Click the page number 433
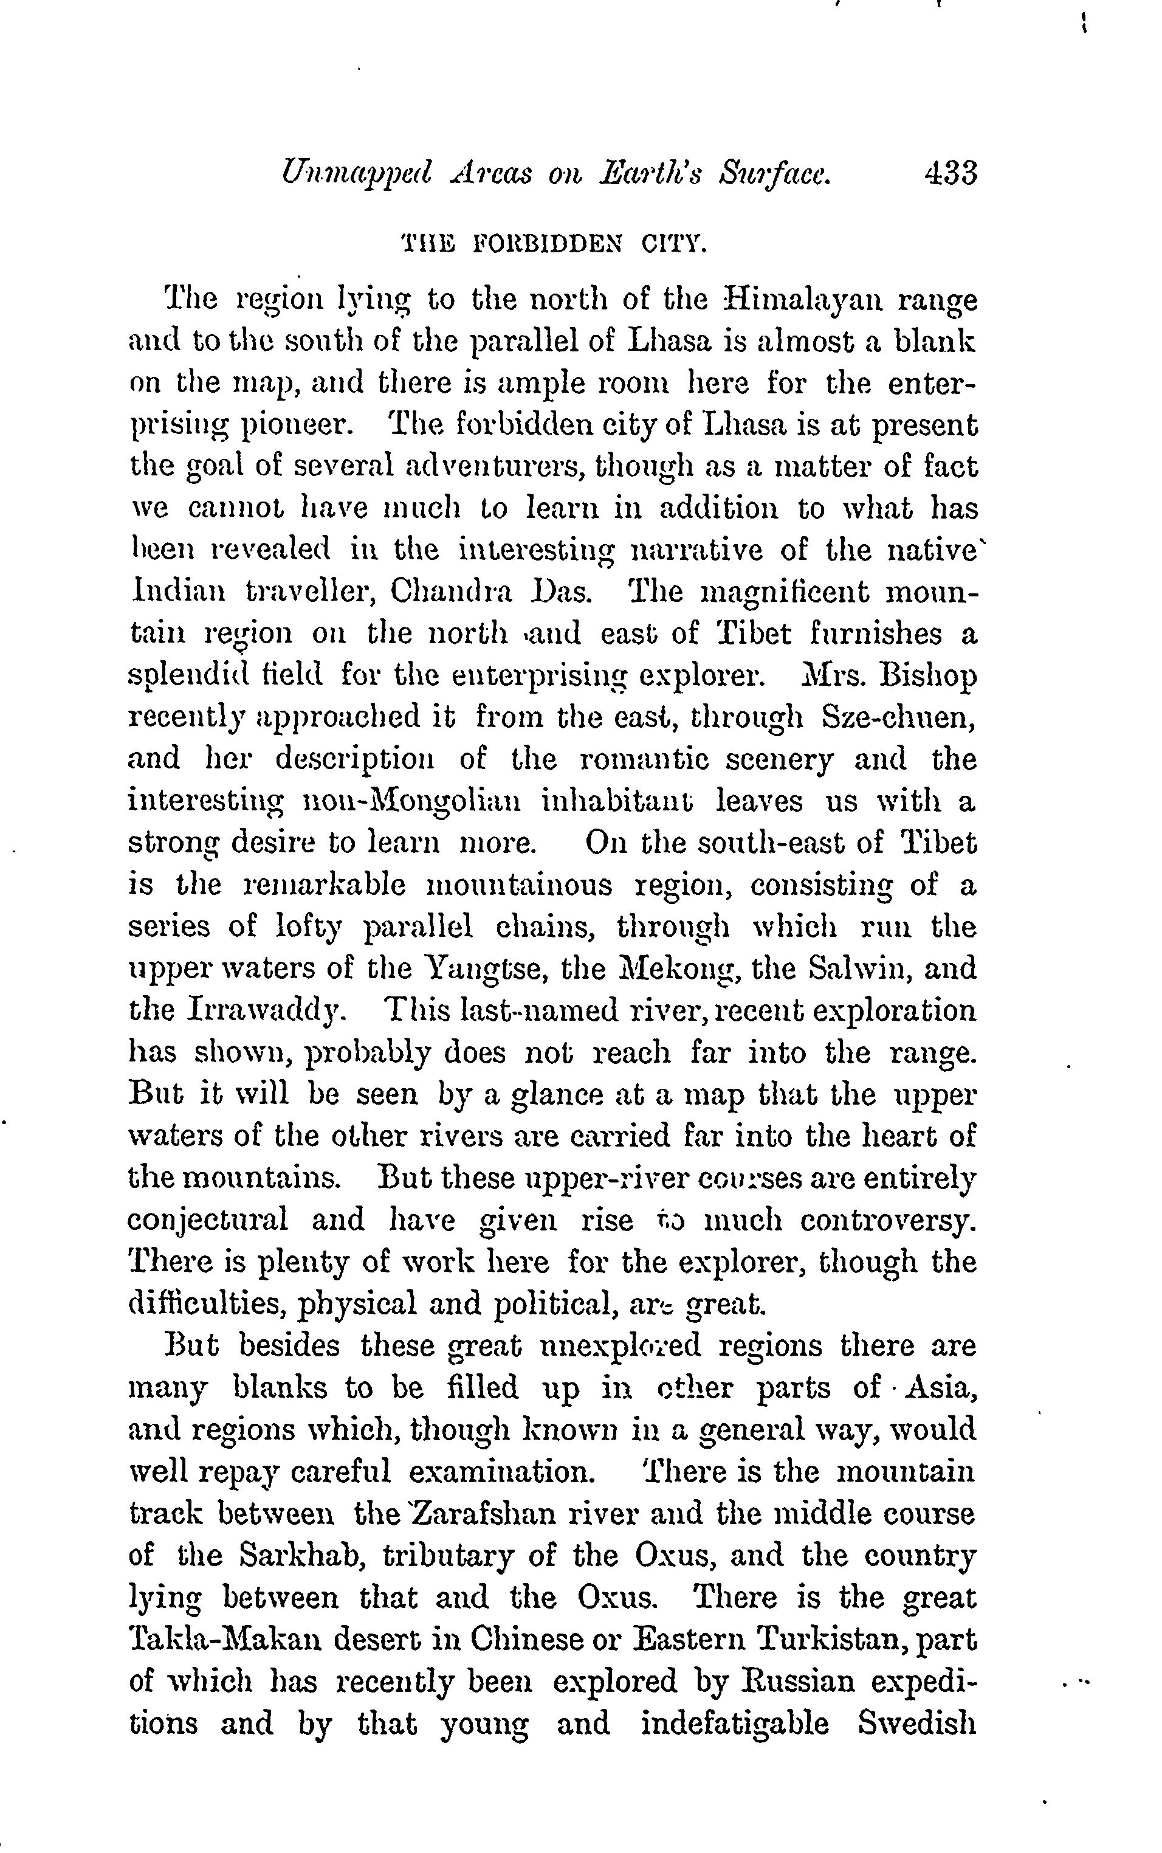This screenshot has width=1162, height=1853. pyautogui.click(x=951, y=173)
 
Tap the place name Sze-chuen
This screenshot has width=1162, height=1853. pyautogui.click(x=898, y=717)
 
